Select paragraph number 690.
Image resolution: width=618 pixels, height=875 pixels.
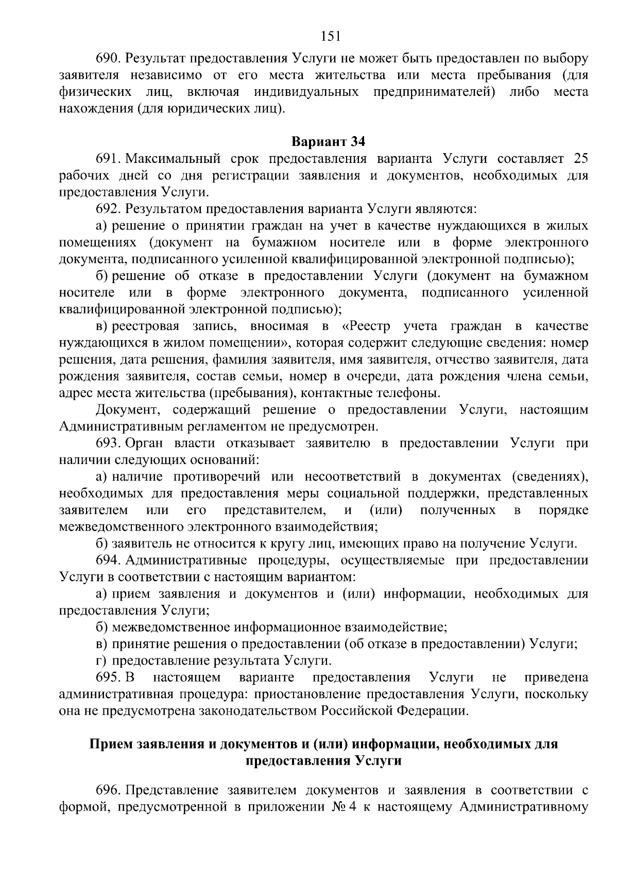pos(108,58)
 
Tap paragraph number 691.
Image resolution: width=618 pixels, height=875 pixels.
pos(108,158)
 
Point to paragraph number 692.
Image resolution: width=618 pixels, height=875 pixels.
pos(108,209)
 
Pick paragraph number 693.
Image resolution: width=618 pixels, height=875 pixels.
pos(108,443)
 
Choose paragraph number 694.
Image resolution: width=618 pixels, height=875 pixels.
pos(108,560)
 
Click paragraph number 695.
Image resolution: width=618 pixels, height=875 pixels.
pos(108,678)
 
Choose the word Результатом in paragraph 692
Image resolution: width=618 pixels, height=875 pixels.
pos(165,209)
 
